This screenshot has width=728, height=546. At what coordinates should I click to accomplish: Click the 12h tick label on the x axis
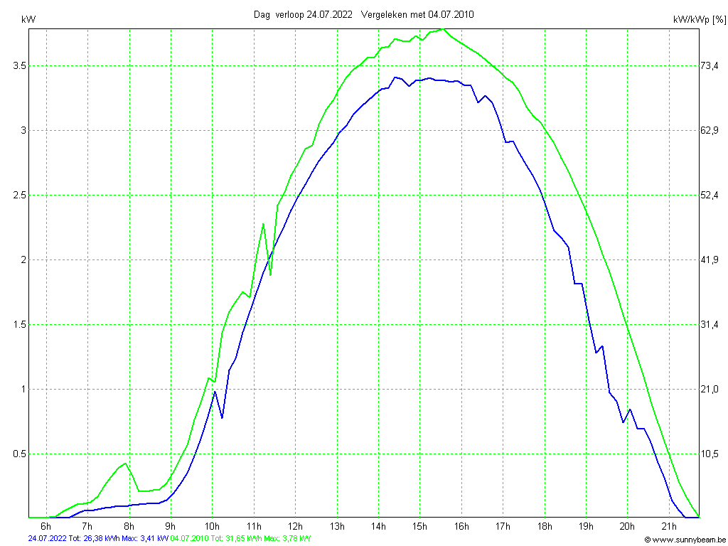pos(296,527)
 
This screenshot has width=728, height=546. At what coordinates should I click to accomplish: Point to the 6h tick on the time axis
pos(46,527)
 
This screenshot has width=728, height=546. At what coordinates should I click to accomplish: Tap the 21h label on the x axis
pos(669,527)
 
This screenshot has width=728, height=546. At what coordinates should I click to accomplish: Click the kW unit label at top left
pos(29,19)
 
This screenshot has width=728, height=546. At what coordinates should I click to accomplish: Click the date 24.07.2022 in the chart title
pos(329,14)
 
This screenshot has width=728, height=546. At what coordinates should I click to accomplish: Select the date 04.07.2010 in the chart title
pos(451,14)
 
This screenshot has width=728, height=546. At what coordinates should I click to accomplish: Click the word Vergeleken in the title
pos(382,14)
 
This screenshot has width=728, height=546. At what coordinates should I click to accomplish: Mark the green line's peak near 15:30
pos(442,29)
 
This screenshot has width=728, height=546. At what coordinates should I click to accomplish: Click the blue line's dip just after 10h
pos(222,417)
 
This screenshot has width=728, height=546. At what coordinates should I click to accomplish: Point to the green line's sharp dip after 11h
pos(270,274)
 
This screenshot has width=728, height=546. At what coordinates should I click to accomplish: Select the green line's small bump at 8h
pos(125,464)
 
